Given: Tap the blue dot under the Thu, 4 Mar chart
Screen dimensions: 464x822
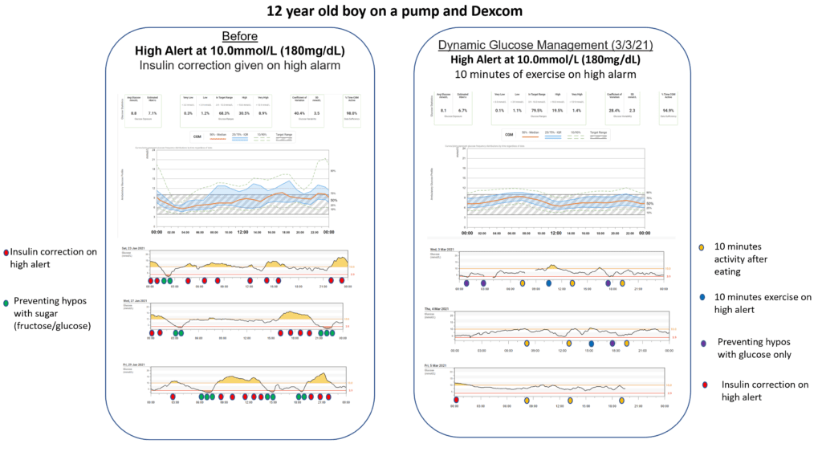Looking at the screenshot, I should pos(590,343).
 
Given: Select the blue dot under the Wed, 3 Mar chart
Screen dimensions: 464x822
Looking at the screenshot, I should pos(548,283).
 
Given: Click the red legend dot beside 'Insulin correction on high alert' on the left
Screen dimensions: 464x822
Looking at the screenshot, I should pos(6,251).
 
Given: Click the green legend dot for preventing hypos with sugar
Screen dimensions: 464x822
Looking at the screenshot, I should pos(6,303).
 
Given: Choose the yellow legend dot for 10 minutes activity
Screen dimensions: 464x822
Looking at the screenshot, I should pos(702,246).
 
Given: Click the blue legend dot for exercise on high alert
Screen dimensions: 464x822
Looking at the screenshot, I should pos(702,297).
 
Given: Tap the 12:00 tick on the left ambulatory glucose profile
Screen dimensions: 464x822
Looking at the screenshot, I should pos(240,232).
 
